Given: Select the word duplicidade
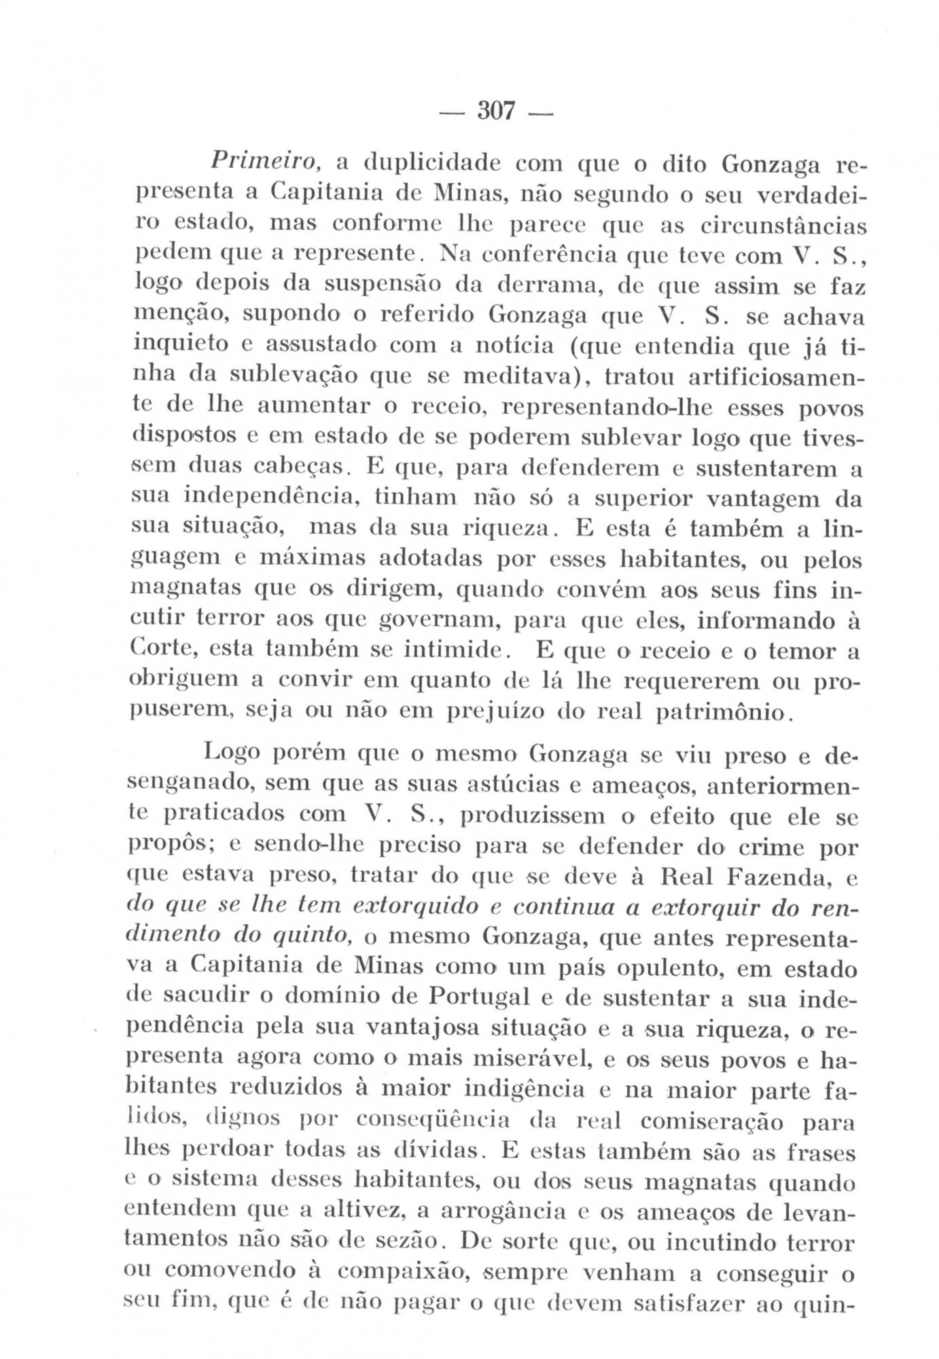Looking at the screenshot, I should point(426,164).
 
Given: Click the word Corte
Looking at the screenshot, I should point(160,650).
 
